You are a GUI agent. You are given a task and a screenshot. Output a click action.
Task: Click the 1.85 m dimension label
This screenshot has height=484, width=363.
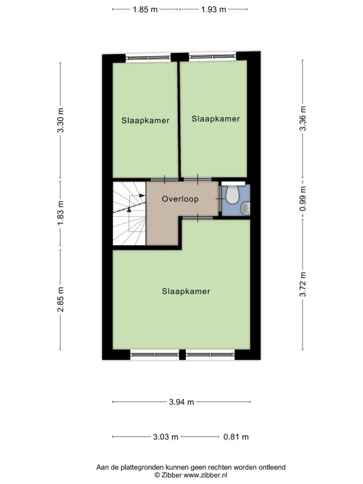click(145, 9)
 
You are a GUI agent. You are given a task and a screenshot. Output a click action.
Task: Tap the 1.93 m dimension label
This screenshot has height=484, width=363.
click(214, 9)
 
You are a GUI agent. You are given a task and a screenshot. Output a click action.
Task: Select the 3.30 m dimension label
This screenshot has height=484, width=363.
click(60, 120)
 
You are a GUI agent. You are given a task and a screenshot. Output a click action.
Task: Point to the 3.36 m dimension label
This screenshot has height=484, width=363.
click(302, 118)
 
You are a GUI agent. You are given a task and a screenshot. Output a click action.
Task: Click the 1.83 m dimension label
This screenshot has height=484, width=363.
click(60, 212)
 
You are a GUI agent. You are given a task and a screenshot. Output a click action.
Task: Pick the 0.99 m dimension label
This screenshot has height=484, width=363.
click(302, 199)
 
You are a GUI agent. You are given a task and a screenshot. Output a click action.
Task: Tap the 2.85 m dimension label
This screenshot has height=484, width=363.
click(60, 299)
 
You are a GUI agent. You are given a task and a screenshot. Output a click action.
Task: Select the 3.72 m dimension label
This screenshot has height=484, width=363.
click(302, 284)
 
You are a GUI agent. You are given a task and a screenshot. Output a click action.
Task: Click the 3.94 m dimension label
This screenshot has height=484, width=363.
click(181, 402)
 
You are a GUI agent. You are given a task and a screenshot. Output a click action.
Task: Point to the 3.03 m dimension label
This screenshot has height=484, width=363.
click(166, 437)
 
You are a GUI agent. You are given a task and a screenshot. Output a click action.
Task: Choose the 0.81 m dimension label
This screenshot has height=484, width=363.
click(236, 437)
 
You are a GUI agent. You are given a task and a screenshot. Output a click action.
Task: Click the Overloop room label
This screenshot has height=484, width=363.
click(180, 199)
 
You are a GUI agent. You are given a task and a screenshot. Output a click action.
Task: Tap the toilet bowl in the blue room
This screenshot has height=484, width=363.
click(232, 195)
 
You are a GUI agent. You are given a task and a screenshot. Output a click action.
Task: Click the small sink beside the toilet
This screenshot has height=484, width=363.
click(246, 208)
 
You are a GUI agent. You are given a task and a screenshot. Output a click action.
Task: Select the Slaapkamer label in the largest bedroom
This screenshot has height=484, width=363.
click(186, 291)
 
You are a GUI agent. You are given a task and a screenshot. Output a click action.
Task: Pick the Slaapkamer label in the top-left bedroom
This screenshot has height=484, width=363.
click(146, 120)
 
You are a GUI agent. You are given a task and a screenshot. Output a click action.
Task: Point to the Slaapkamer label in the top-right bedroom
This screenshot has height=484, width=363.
click(216, 119)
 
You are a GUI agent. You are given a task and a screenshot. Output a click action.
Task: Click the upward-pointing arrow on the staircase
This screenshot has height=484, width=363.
click(129, 209)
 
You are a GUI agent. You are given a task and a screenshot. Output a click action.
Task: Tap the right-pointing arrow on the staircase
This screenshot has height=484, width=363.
click(142, 195)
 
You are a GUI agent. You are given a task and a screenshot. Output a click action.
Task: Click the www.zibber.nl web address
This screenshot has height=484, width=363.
click(205, 475)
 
